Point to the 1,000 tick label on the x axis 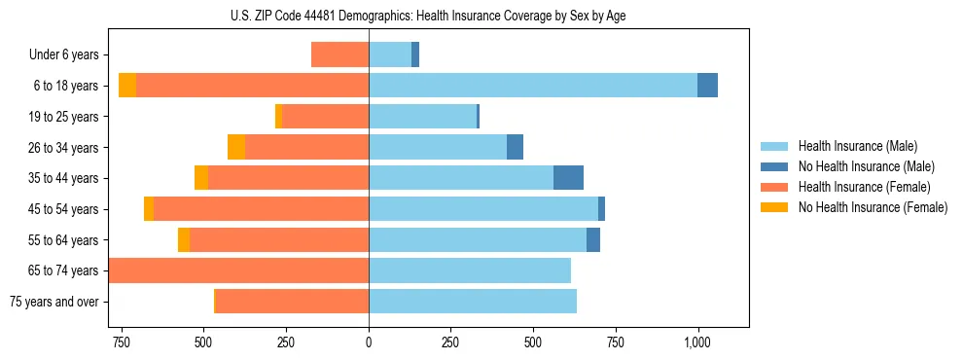click(x=697, y=342)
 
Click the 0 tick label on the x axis click(x=369, y=342)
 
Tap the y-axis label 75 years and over click(x=53, y=302)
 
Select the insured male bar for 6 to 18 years click(x=532, y=86)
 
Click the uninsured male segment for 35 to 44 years click(x=568, y=178)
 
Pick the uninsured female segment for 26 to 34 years click(x=236, y=147)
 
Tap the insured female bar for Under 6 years click(x=339, y=54)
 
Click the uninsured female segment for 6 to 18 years click(x=127, y=86)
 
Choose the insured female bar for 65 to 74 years click(x=238, y=270)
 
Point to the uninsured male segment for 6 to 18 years click(x=707, y=86)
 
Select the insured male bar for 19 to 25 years click(x=422, y=117)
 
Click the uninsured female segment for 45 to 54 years click(x=149, y=209)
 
